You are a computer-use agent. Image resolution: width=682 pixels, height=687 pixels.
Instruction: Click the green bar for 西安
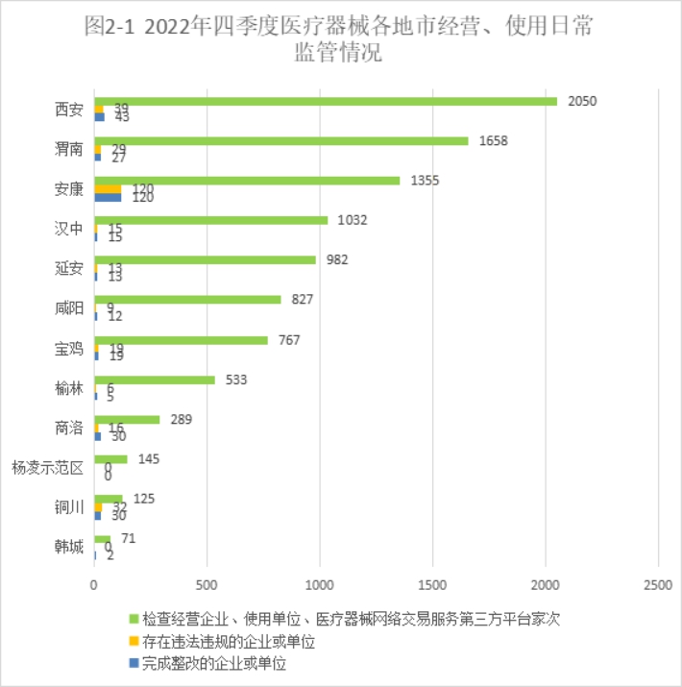[x=326, y=101]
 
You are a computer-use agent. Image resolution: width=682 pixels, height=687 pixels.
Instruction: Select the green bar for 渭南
[x=281, y=140]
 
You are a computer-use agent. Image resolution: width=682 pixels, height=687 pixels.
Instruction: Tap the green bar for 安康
[x=247, y=180]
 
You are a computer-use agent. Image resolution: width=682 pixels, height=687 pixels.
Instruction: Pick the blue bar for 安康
[x=108, y=197]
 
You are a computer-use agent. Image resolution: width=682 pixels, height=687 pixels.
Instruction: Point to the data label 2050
[x=582, y=101]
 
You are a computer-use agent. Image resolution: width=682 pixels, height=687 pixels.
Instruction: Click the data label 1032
[x=352, y=220]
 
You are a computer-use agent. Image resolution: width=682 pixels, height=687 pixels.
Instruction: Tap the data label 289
[x=180, y=419]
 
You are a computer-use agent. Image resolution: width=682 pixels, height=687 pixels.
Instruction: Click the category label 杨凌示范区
[x=48, y=468]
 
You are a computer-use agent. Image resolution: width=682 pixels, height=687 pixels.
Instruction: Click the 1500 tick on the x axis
[x=432, y=583]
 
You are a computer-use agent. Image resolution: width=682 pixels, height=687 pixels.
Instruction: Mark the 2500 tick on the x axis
[x=658, y=583]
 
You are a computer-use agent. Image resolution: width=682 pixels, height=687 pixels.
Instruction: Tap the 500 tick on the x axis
[x=207, y=583]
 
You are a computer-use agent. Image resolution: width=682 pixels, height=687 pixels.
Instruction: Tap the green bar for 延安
[x=205, y=259]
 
